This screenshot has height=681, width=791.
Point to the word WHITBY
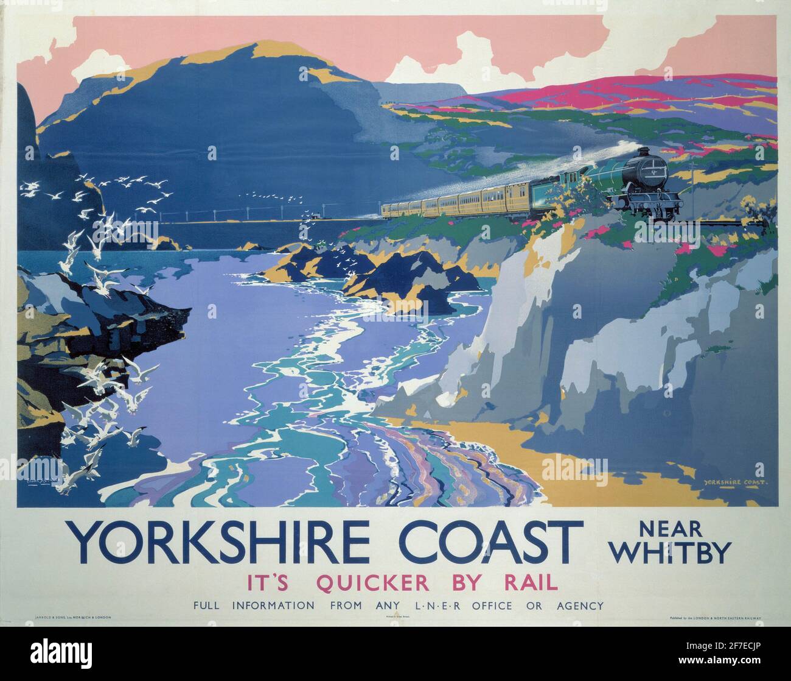pyautogui.click(x=669, y=553)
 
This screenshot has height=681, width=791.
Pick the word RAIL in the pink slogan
pyautogui.click(x=529, y=583)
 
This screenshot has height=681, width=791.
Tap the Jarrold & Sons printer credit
pyautogui.click(x=69, y=635)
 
